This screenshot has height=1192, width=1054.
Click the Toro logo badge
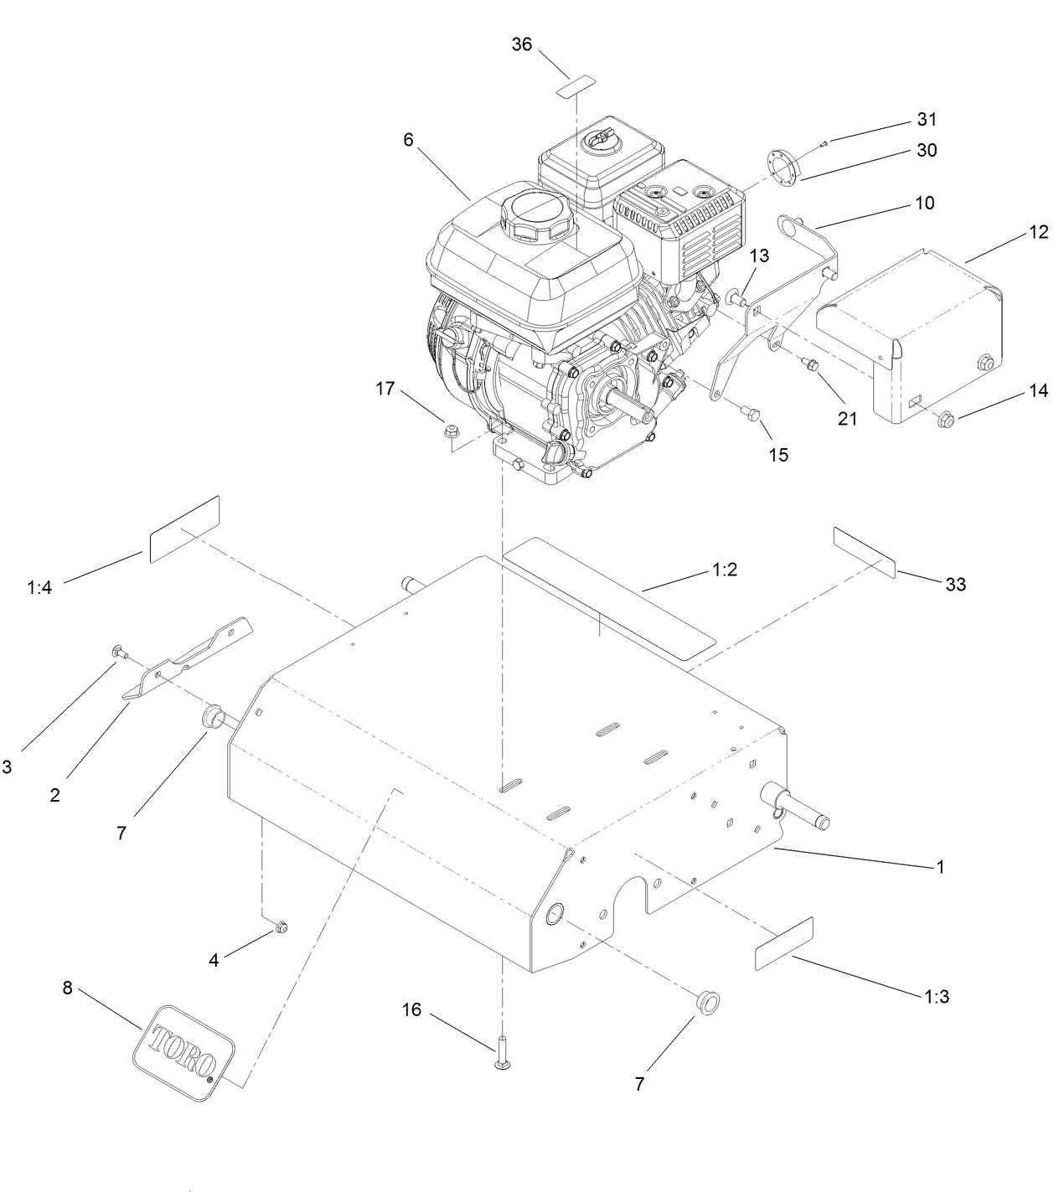tap(183, 1052)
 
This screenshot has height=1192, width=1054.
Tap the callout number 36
tap(521, 44)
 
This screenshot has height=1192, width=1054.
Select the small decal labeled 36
tap(576, 85)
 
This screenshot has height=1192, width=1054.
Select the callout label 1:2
tap(724, 570)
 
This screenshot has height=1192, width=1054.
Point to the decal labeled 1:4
tap(183, 529)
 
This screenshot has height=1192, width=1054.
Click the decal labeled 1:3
tap(784, 943)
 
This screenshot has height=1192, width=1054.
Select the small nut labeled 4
tap(281, 926)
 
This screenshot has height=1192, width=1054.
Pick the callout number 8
tap(68, 987)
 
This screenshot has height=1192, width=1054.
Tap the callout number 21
tap(847, 417)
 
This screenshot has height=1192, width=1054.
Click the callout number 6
tap(408, 139)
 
